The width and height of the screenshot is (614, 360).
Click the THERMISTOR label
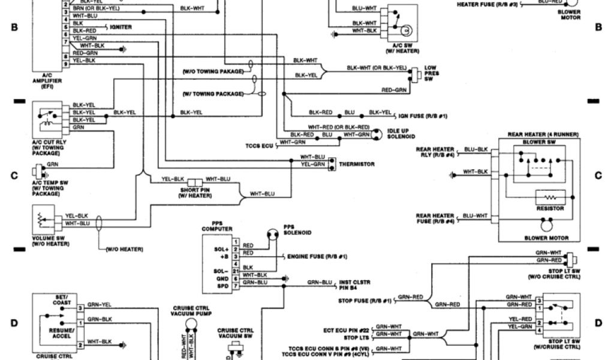click(x=357, y=164)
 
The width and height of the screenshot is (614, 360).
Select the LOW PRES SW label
click(x=432, y=73)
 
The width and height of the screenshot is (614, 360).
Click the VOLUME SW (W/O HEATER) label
click(x=51, y=241)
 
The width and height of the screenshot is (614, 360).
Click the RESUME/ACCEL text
click(x=63, y=333)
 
